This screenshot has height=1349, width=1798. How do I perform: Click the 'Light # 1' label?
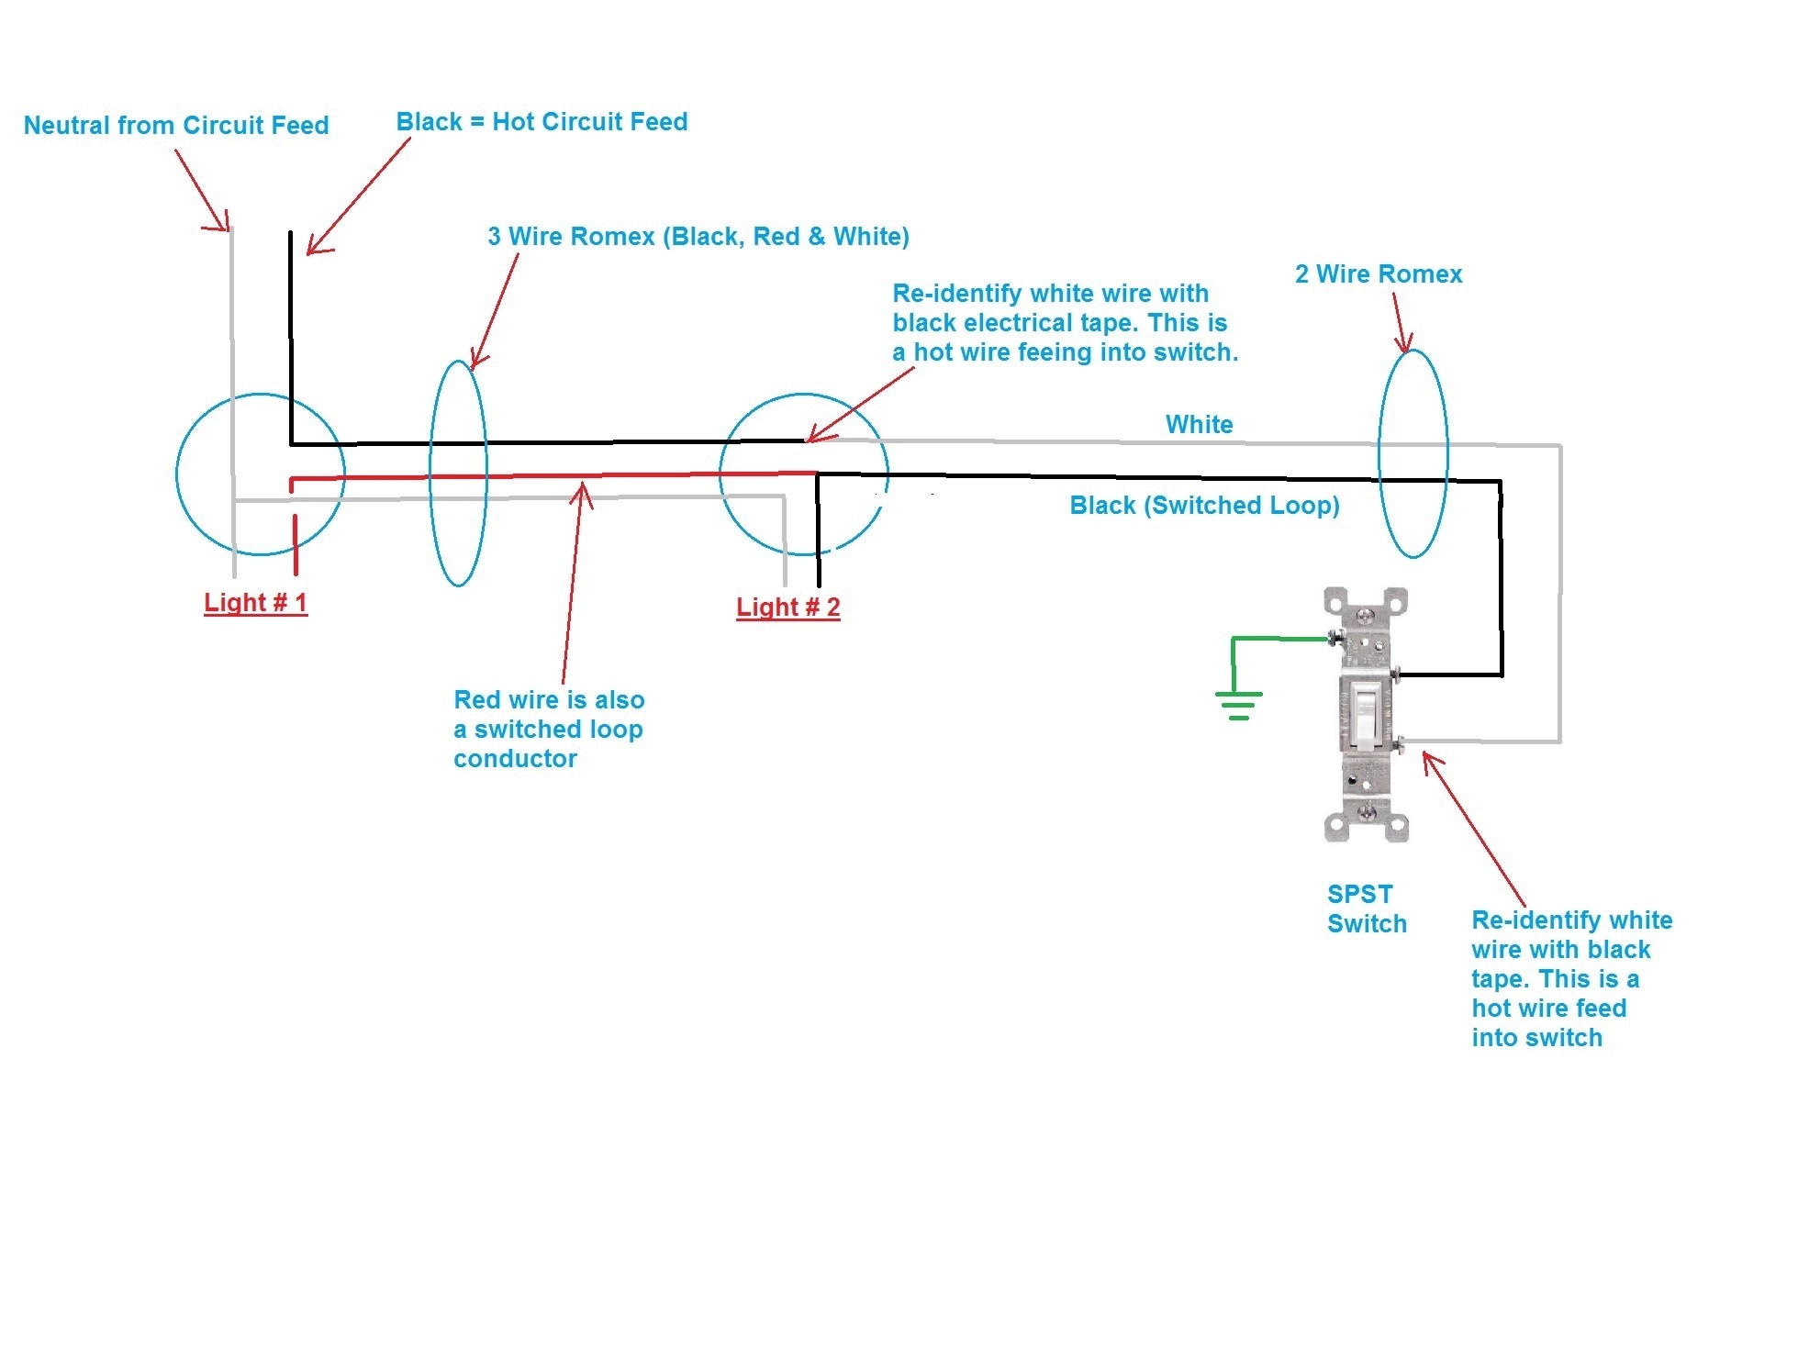(x=255, y=603)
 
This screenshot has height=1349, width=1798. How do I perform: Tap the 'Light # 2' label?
(x=787, y=608)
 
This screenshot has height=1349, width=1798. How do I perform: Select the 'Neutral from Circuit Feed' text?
(x=176, y=126)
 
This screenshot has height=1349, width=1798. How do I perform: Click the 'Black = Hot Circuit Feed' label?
(x=542, y=122)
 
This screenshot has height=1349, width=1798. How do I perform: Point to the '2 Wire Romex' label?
(x=1378, y=274)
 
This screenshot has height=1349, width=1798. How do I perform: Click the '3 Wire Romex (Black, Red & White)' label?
(x=698, y=237)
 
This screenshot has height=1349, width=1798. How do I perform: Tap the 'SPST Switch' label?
(x=1366, y=909)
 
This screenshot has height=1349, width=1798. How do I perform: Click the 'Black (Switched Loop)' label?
(x=1204, y=506)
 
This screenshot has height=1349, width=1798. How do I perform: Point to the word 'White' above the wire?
(x=1199, y=425)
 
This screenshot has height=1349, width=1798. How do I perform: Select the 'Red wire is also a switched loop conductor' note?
(x=549, y=730)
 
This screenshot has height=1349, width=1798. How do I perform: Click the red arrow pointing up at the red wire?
(x=571, y=587)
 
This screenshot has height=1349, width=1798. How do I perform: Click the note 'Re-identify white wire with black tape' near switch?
(x=1570, y=978)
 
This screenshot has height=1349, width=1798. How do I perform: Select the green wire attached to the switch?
(x=1280, y=639)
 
